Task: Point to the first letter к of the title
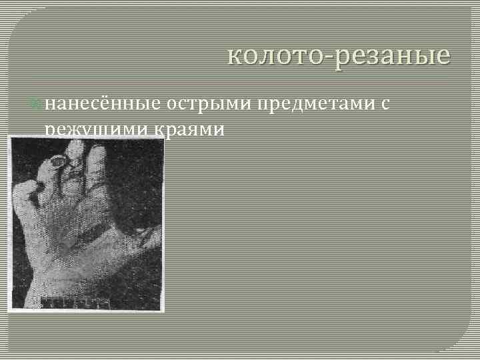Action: point(233,57)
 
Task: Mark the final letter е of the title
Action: point(444,57)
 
